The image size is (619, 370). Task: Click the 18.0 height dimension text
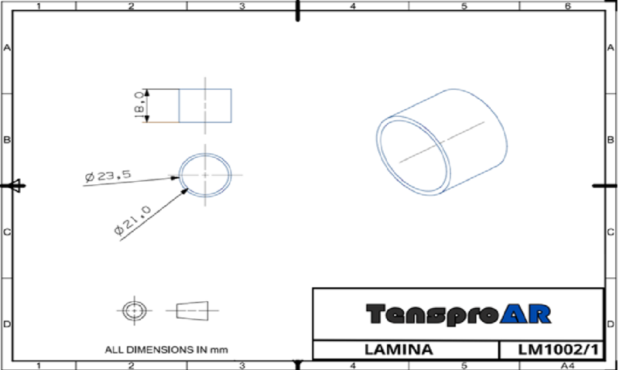[139, 105]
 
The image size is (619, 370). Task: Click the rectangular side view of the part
[205, 106]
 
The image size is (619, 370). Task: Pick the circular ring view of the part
[205, 175]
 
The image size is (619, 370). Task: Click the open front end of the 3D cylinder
[412, 155]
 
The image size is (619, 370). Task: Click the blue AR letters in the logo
[526, 313]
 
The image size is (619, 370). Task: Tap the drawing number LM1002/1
[551, 350]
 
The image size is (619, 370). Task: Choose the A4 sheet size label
[567, 365]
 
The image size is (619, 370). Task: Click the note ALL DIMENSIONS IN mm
[167, 350]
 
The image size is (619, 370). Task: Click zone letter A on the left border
[7, 47]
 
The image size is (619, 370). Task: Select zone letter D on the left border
[7, 323]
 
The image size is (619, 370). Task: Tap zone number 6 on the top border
[567, 6]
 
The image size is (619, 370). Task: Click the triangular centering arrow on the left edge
[13, 186]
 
